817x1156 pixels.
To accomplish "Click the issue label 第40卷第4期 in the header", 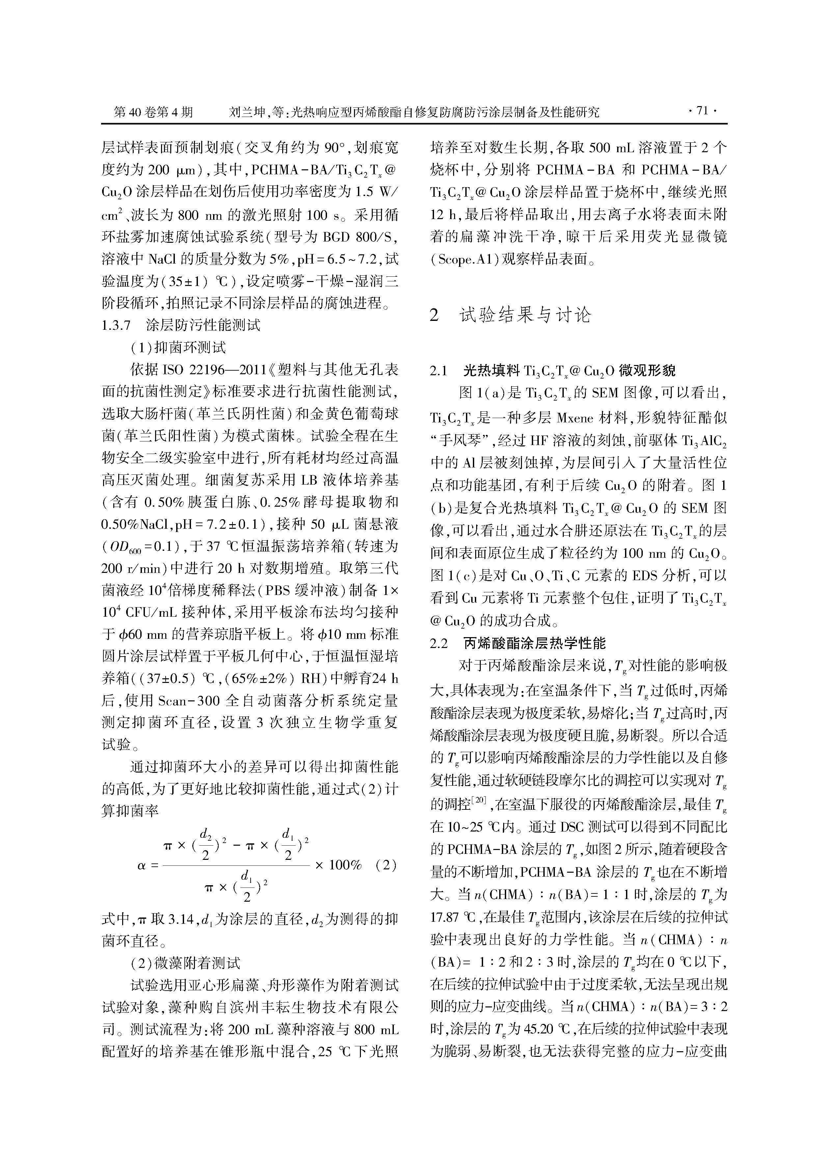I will (153, 112).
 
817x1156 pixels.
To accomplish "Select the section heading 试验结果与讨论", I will (525, 315).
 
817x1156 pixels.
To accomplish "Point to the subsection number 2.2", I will (439, 643).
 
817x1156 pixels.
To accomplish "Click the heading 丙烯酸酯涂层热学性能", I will (534, 643).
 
